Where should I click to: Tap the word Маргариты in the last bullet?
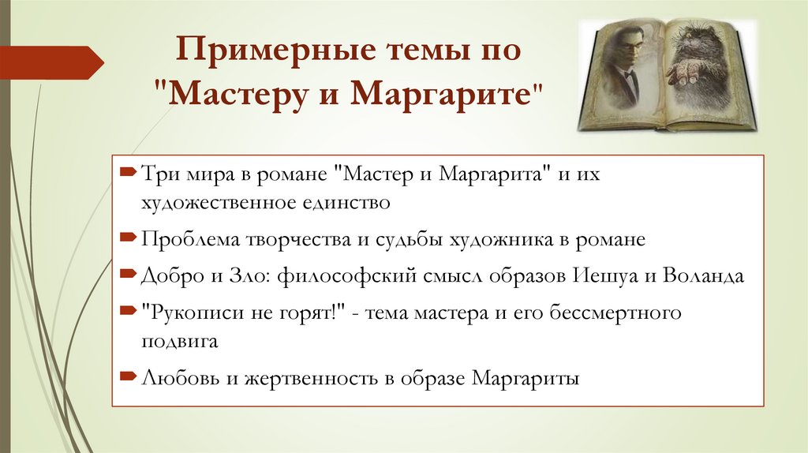click(526, 378)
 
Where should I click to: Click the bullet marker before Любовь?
click(129, 378)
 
